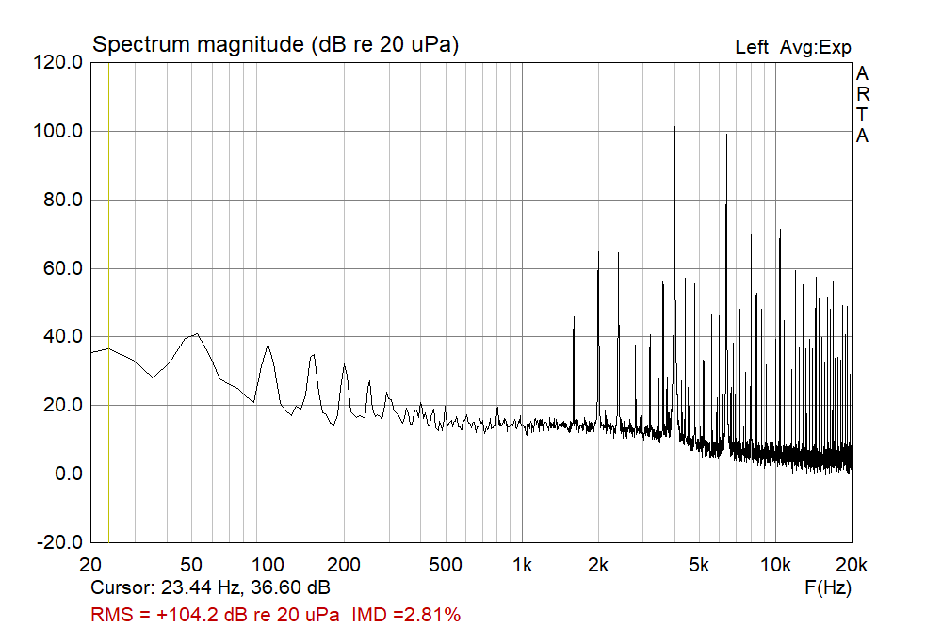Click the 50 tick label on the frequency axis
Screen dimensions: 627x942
pyautogui.click(x=191, y=566)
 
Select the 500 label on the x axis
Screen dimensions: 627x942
pyautogui.click(x=446, y=566)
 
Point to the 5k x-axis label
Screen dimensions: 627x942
pyautogui.click(x=698, y=566)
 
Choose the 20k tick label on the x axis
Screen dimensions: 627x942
pyautogui.click(x=851, y=566)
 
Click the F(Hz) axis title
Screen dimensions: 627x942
pyautogui.click(x=829, y=588)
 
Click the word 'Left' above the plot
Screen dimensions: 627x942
pyautogui.click(x=751, y=47)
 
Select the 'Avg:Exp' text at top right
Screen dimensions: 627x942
pyautogui.click(x=815, y=47)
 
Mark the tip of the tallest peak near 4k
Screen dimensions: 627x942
pyautogui.click(x=674, y=126)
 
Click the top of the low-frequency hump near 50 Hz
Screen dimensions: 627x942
pyautogui.click(x=196, y=334)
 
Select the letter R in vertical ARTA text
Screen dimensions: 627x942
pyautogui.click(x=862, y=94)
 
